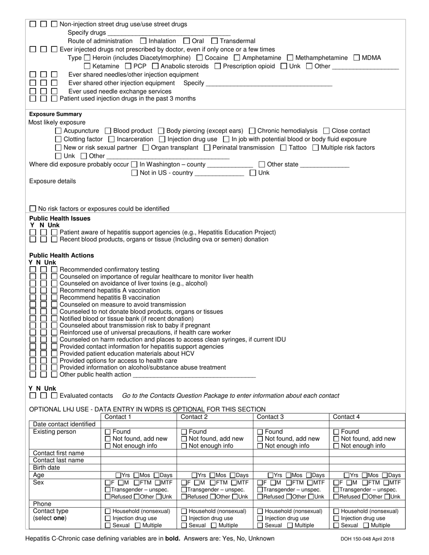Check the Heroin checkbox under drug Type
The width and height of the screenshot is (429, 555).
pos(87,58)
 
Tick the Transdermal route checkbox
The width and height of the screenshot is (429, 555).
pos(214,41)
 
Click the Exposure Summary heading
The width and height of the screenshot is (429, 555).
pos(56,114)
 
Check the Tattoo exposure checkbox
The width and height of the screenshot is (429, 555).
pos(283,148)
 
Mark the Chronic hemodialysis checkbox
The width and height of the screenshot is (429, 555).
pos(252,131)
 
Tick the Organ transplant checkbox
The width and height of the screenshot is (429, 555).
pos(145,148)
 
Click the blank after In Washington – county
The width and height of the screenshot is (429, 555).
pos(229,164)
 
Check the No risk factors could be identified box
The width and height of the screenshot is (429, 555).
pos(33,209)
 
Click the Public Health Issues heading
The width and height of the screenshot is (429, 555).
pos(60,218)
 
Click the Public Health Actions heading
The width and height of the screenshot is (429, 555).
pos(61,255)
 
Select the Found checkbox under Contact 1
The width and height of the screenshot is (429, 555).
pos(108,432)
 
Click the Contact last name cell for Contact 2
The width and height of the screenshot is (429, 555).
pos(214,460)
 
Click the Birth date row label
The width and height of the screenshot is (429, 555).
pos(47,467)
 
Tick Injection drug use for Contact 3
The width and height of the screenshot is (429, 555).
pos(260,518)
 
